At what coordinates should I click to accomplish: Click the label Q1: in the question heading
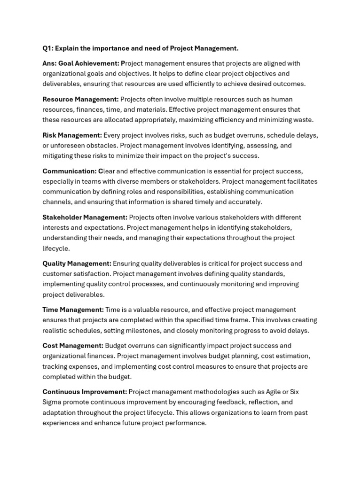tap(48, 48)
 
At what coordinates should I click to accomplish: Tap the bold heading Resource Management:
tap(80, 99)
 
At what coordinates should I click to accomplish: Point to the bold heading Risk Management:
tap(72, 135)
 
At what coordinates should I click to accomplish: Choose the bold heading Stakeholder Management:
tap(85, 217)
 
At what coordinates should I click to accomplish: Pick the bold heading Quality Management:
tap(77, 264)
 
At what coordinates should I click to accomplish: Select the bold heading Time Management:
tap(73, 310)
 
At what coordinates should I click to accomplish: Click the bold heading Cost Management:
tap(73, 346)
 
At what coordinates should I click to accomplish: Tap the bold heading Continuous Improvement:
tap(85, 392)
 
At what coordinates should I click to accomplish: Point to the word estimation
tap(293, 356)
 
